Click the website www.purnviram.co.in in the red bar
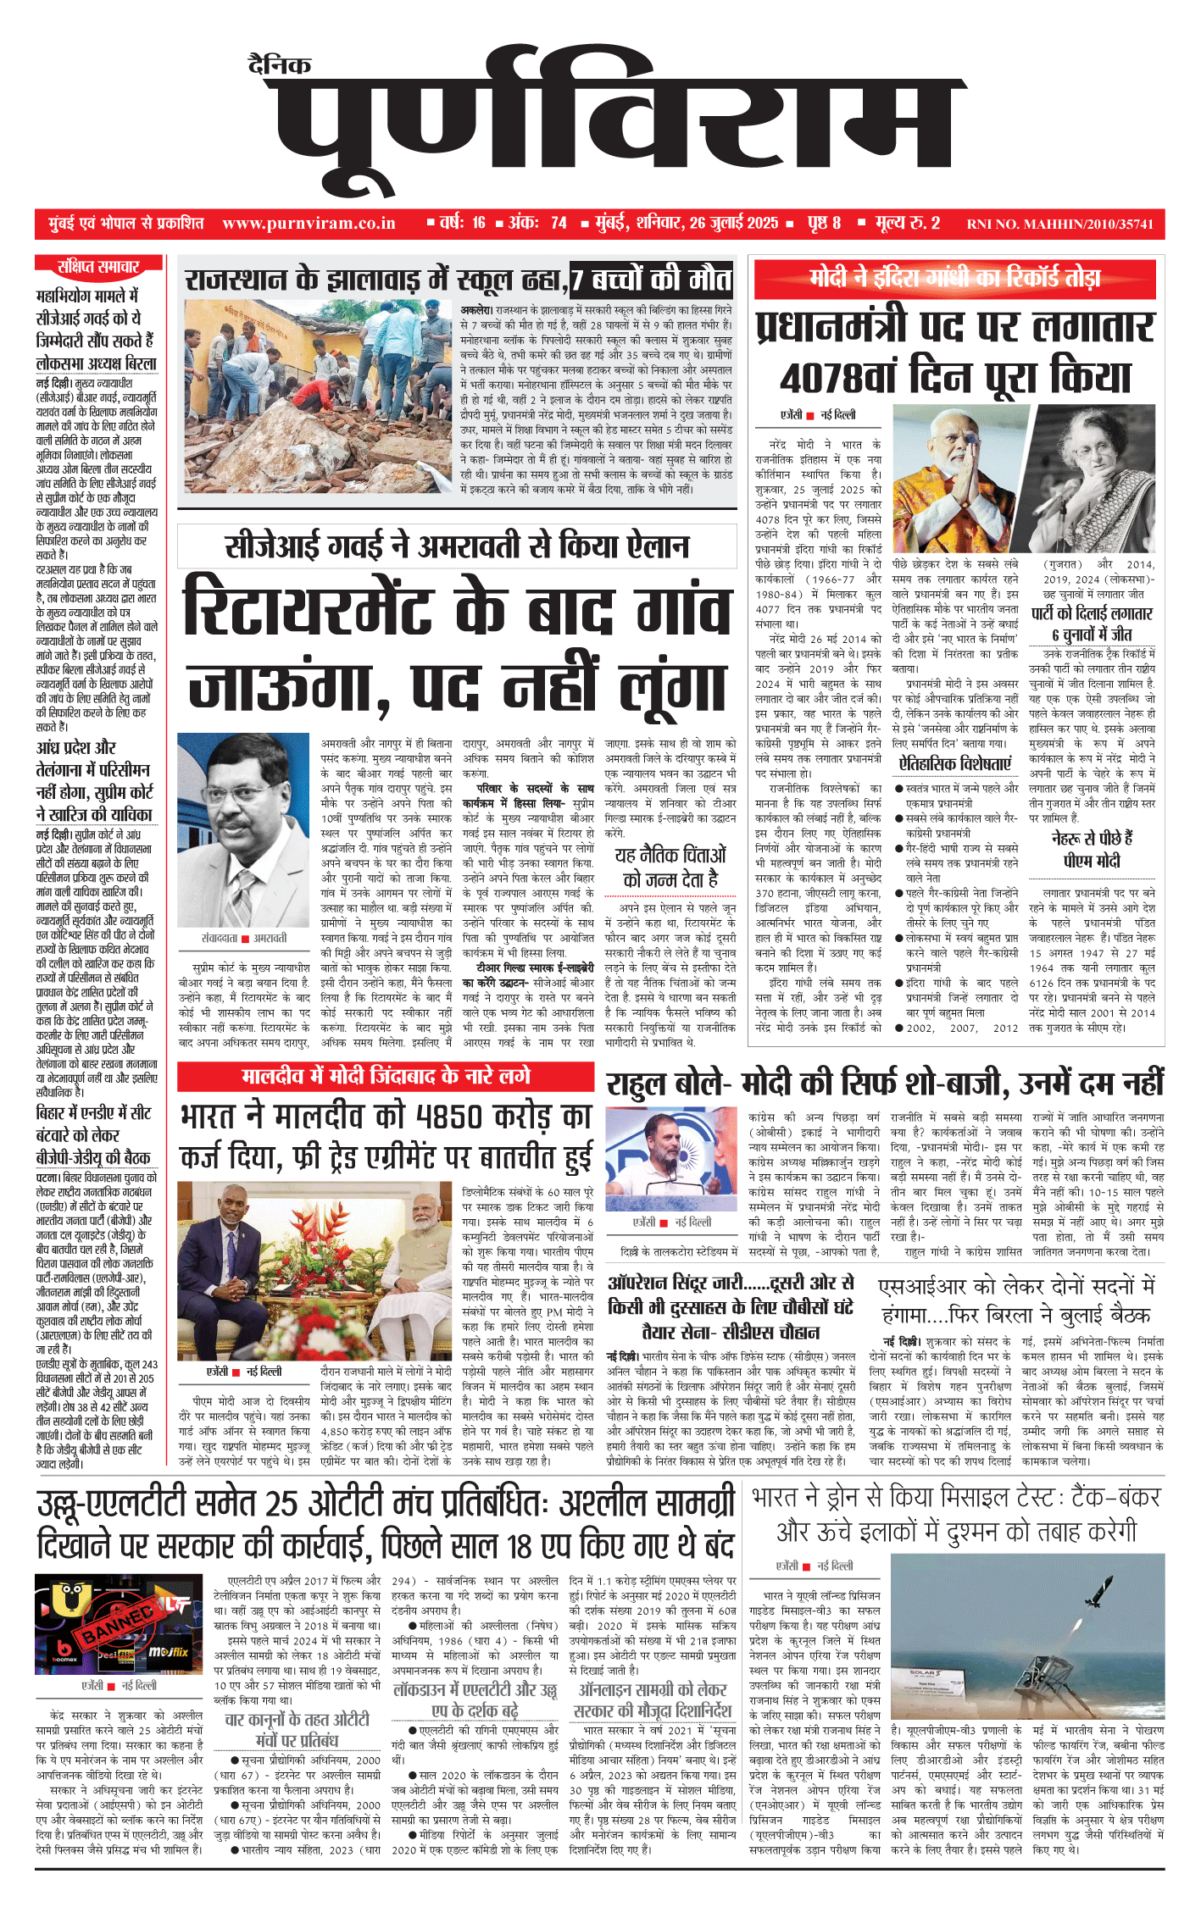tap(309, 224)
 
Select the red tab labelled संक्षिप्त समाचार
tap(98, 267)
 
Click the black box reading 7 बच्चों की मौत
tap(651, 279)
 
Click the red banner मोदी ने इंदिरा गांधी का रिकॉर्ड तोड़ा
tap(955, 278)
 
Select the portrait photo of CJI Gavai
tap(244, 831)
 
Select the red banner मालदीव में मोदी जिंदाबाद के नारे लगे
tap(386, 1076)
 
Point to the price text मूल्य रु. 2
tap(908, 224)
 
